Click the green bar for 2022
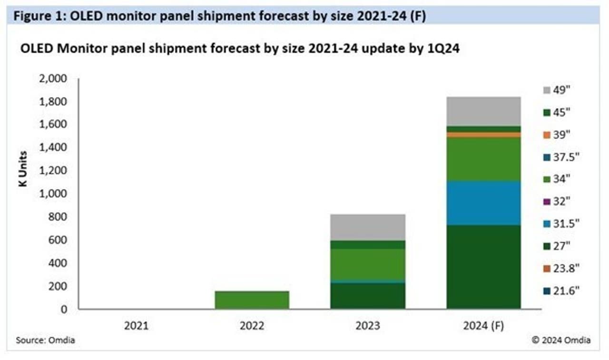pyautogui.click(x=252, y=300)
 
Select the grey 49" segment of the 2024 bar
pyautogui.click(x=483, y=111)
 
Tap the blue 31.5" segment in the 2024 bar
pyautogui.click(x=483, y=203)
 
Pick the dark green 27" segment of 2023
pyautogui.click(x=368, y=296)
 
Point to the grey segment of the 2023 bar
pyautogui.click(x=368, y=227)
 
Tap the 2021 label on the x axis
pyautogui.click(x=137, y=326)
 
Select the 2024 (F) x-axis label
pyautogui.click(x=484, y=326)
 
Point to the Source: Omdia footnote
pyautogui.click(x=45, y=341)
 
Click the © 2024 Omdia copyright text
pyautogui.click(x=561, y=340)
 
